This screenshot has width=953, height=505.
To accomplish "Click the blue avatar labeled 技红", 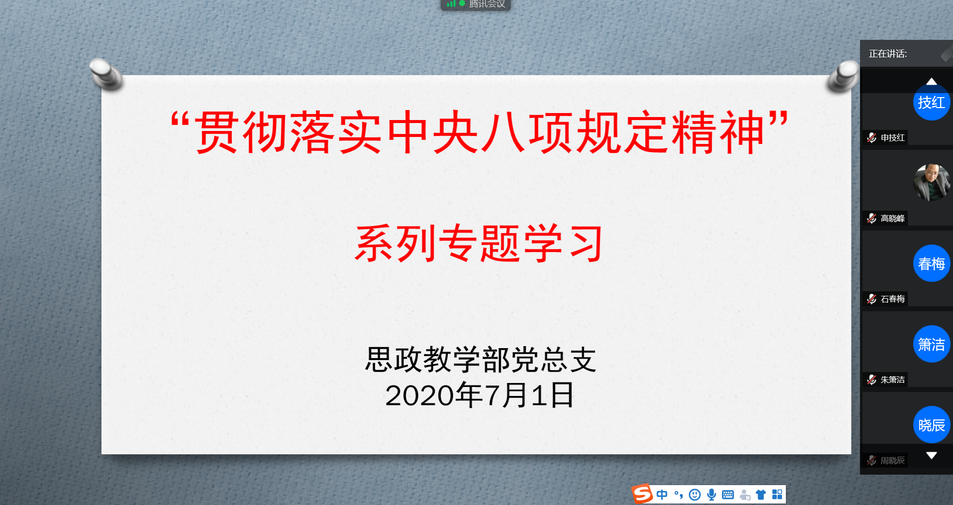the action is pos(932,103).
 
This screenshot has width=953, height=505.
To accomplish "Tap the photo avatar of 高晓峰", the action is pos(932,182).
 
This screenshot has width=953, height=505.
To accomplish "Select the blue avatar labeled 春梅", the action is pos(932,263).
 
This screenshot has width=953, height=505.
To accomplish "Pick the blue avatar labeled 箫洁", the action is pos(932,344).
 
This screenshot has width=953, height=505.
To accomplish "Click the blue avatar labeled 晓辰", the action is pos(932,425).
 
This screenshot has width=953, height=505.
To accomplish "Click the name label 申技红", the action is pos(892,137).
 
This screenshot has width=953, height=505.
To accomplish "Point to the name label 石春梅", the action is pos(892,299).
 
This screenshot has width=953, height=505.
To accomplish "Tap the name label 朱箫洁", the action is pos(892,379).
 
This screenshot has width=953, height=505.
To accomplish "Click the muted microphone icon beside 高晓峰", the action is pos(871,218).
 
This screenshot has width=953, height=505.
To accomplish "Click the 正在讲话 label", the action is pos(888,54).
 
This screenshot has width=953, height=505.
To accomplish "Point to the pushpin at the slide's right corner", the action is pos(843,76).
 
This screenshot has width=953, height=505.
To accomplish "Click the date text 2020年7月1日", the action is pos(479,395).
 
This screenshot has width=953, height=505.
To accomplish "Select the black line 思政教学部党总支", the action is pos(480,360).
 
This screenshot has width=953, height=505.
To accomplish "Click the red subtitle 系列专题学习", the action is pos(479,243).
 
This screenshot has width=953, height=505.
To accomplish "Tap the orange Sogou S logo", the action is pos(642,494).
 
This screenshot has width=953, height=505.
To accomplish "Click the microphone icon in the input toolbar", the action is pos(712,495).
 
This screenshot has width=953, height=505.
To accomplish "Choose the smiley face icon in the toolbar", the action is pos(695,495).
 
